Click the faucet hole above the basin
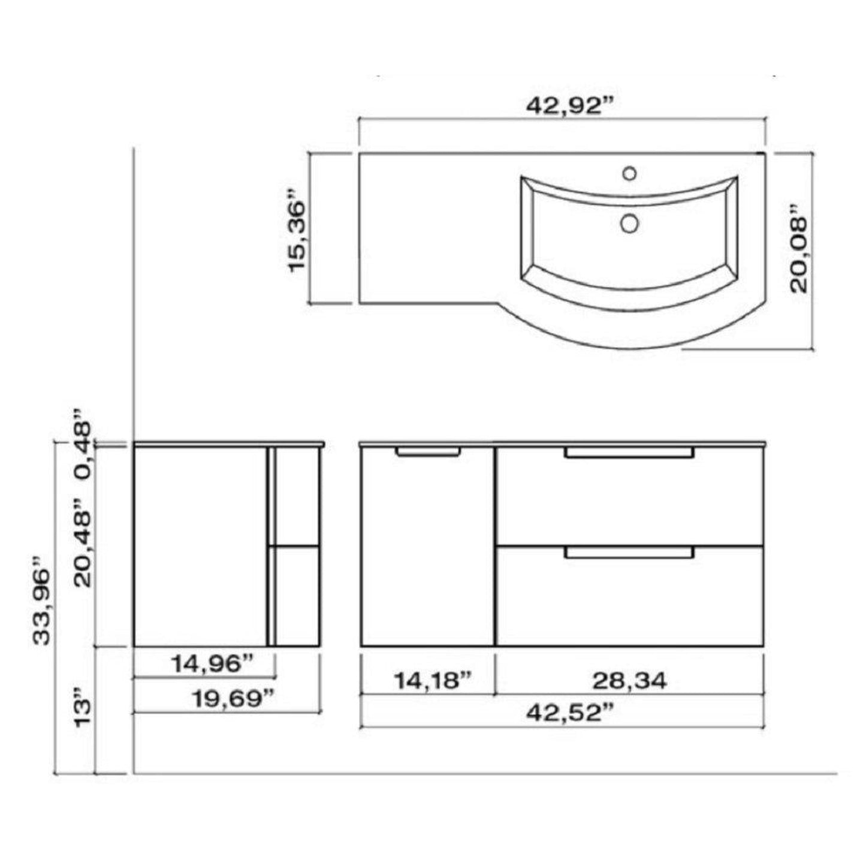click(629, 173)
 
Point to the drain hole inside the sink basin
click(629, 223)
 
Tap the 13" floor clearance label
click(82, 711)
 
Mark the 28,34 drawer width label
click(629, 680)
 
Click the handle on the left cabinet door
click(428, 452)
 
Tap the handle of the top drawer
click(629, 454)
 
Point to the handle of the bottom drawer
click(629, 553)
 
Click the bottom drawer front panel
click(629, 605)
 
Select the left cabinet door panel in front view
click(428, 551)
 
